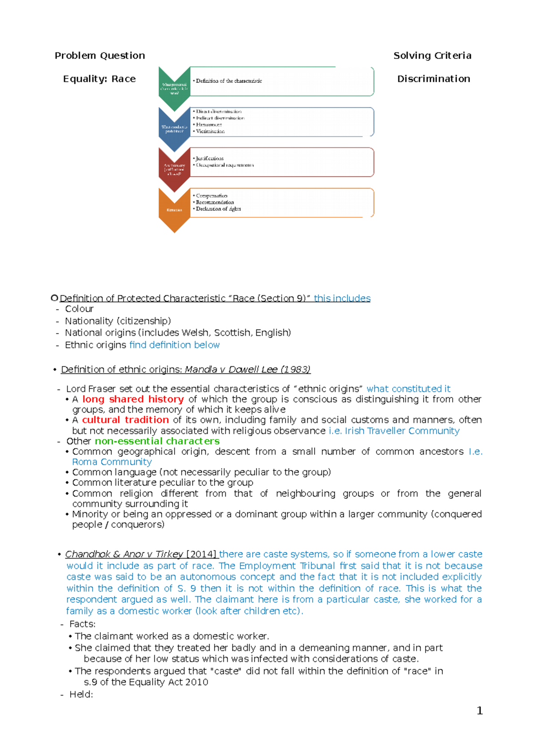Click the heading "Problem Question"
pyautogui.click(x=99, y=56)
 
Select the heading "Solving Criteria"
pyautogui.click(x=432, y=56)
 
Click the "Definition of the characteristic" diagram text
pyautogui.click(x=229, y=81)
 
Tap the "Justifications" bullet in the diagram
pyautogui.click(x=210, y=158)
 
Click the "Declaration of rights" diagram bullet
pyautogui.click(x=218, y=209)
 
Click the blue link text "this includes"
pyautogui.click(x=342, y=298)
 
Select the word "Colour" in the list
pyautogui.click(x=79, y=309)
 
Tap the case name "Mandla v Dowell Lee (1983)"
pyautogui.click(x=247, y=369)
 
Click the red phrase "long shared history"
pyautogui.click(x=133, y=399)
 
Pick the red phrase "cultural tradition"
pyautogui.click(x=125, y=420)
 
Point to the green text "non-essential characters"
pyautogui.click(x=157, y=441)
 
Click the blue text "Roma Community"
pyautogui.click(x=112, y=462)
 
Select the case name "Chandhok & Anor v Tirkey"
pyautogui.click(x=124, y=554)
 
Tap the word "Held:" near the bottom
pyautogui.click(x=81, y=695)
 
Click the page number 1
pyautogui.click(x=479, y=711)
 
